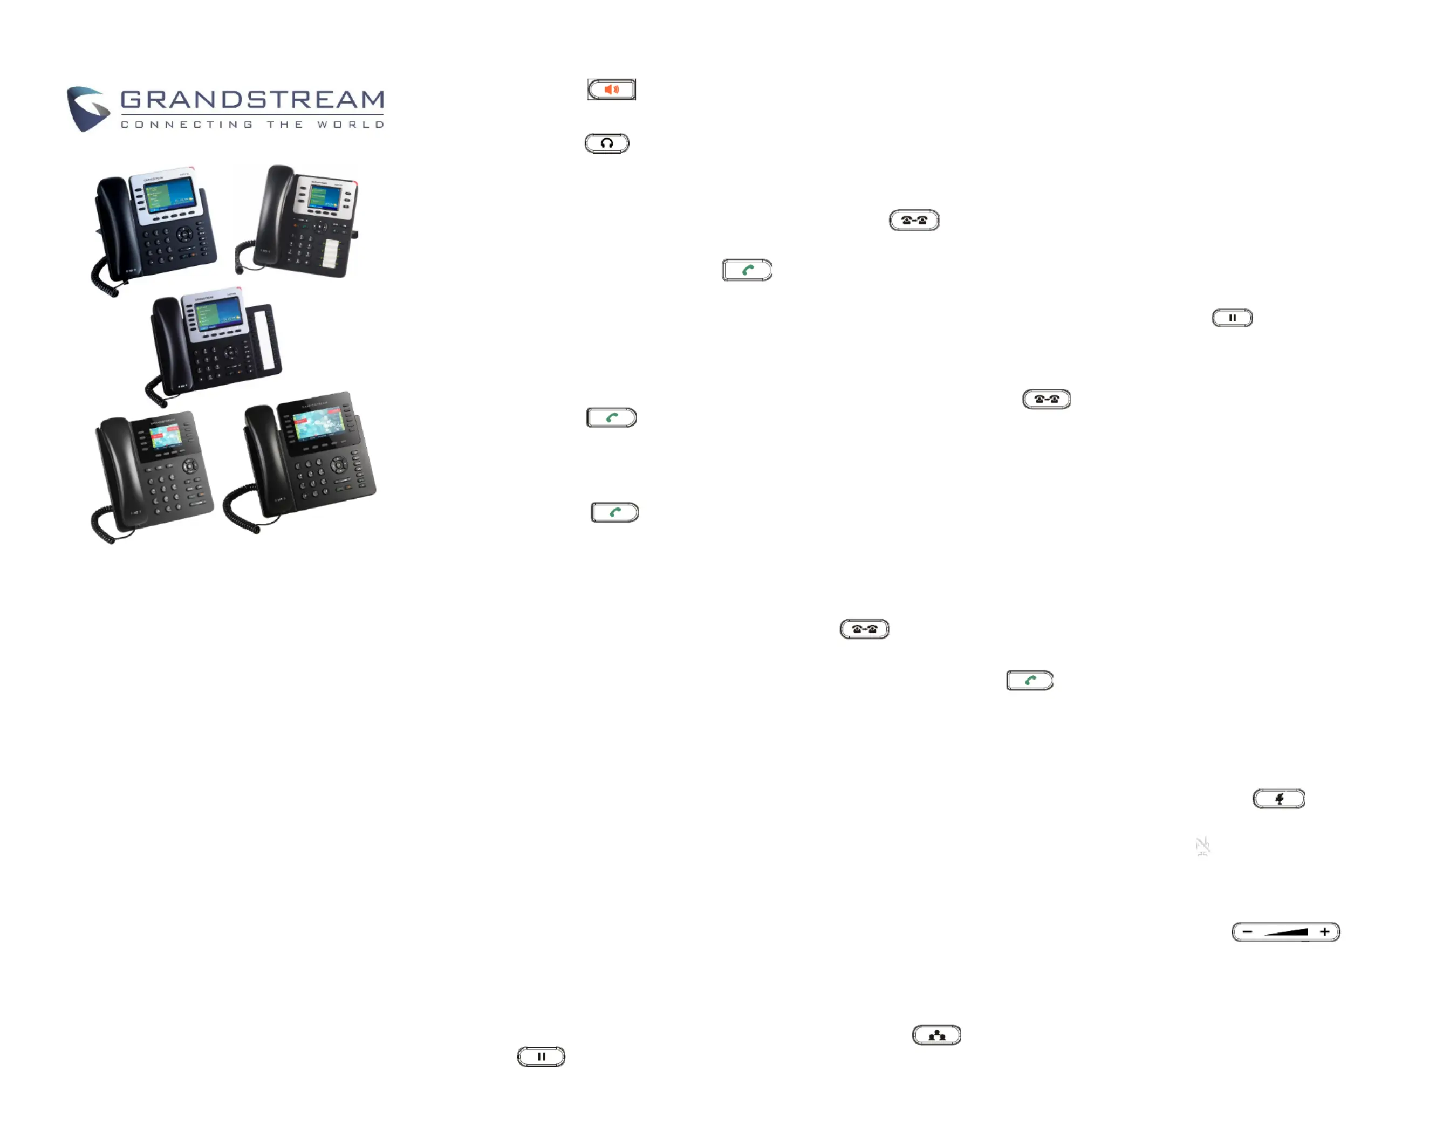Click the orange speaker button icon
(611, 90)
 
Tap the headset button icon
(606, 143)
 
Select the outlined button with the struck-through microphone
(1278, 798)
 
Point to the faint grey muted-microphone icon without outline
(1202, 846)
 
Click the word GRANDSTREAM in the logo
(252, 99)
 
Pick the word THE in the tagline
(285, 125)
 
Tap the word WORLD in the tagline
(350, 125)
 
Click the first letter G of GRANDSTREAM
(132, 99)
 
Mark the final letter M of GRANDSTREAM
(371, 99)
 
